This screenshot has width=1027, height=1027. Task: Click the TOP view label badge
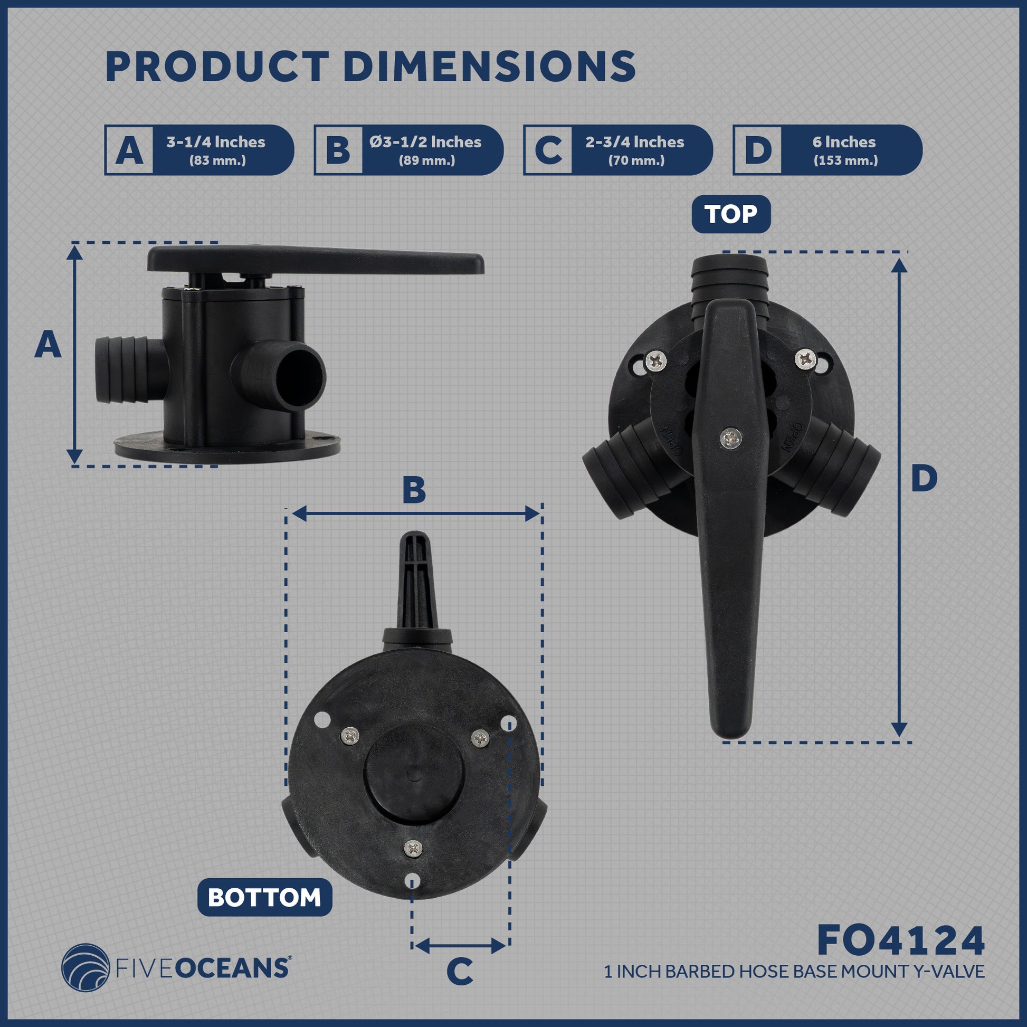point(731,214)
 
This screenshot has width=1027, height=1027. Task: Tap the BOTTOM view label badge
point(264,897)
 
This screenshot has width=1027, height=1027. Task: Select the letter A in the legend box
point(129,150)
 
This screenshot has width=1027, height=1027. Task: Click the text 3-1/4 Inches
point(216,142)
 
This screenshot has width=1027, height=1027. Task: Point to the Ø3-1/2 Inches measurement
point(425,142)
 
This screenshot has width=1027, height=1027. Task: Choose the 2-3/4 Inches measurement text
point(635,142)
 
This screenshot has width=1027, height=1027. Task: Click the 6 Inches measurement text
point(844,142)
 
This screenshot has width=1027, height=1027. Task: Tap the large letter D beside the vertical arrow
point(925,479)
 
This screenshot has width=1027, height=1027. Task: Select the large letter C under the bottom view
point(460,972)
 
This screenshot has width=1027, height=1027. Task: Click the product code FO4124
point(900,941)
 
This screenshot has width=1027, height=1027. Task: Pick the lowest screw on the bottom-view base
point(413,848)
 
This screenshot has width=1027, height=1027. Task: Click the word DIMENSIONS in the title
point(489,67)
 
